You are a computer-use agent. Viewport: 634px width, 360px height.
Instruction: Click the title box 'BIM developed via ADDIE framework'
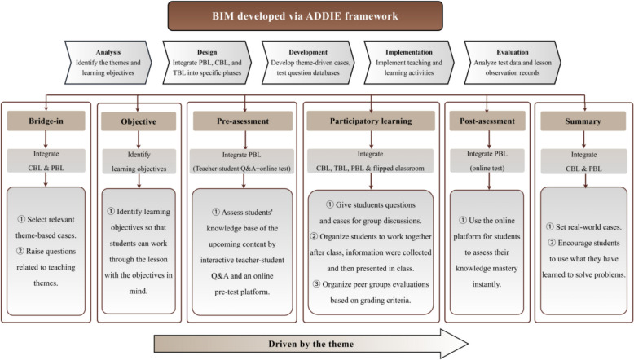coord(316,15)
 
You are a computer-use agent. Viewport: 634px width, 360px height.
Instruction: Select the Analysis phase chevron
coord(109,59)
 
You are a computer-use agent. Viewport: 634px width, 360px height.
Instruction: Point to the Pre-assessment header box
coord(241,121)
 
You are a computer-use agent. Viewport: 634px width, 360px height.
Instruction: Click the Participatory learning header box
coord(372,121)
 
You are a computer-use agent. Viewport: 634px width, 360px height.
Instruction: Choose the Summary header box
coord(581,121)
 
